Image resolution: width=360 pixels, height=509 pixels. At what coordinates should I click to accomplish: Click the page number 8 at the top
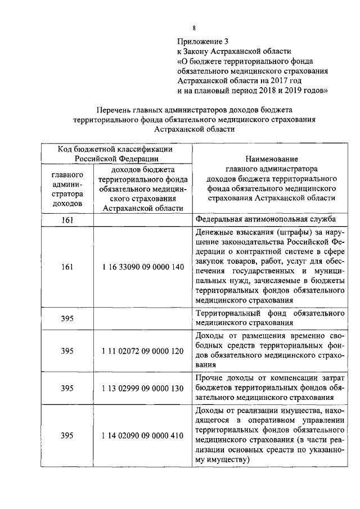193,29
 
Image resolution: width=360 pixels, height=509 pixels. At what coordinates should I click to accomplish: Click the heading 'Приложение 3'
204,42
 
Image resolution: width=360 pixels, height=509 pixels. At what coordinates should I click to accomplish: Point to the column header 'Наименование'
272,159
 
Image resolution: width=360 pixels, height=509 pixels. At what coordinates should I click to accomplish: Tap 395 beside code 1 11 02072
67,350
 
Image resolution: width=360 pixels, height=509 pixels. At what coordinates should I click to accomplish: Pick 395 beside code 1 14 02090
67,435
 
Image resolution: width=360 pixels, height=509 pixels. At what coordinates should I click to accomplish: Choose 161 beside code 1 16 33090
67,267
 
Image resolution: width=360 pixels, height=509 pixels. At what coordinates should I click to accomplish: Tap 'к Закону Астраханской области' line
234,51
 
